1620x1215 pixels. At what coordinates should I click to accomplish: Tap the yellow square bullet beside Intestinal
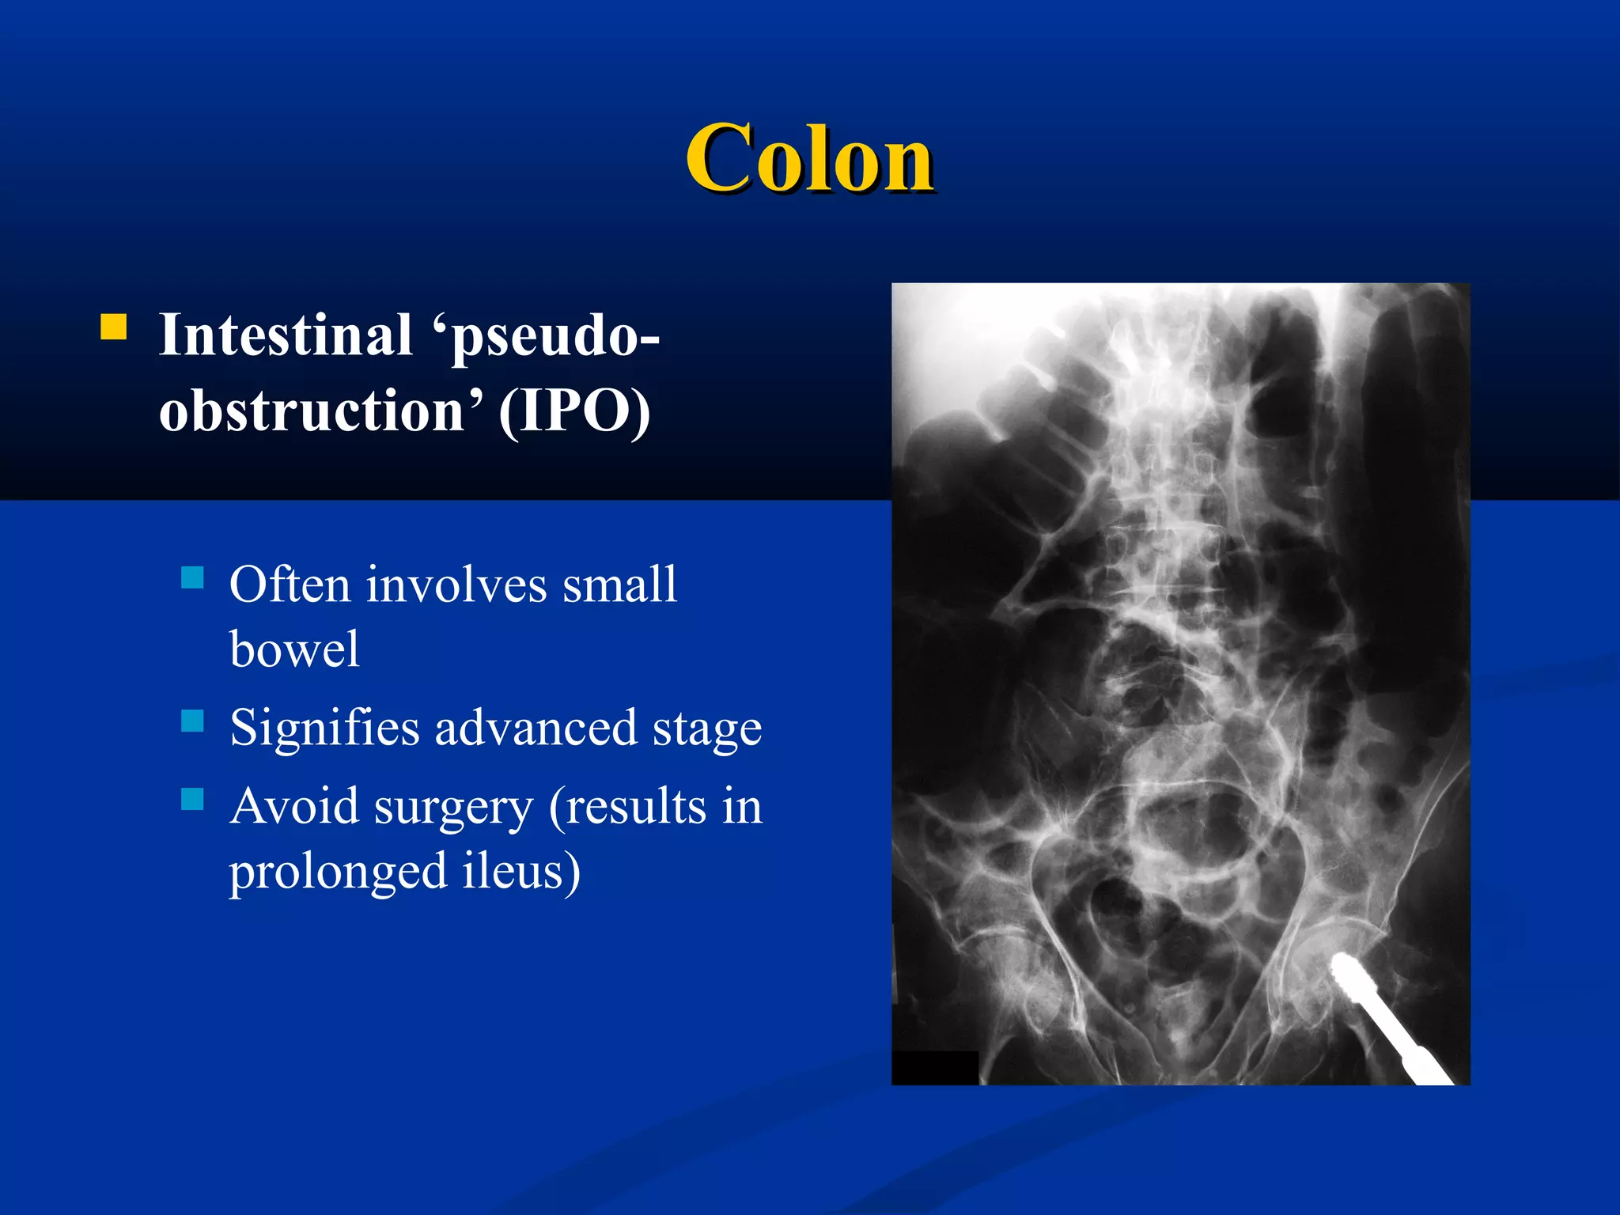coord(114,327)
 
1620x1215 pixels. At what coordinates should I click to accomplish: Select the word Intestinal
coord(286,335)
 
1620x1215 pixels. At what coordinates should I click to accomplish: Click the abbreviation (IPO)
coord(574,411)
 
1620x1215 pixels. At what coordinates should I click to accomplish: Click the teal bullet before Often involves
coord(192,577)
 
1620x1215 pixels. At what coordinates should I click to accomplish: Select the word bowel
coord(294,650)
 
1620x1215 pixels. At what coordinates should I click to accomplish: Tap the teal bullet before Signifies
coord(192,721)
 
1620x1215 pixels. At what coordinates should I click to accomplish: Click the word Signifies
coord(324,729)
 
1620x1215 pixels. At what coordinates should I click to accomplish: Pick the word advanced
coord(536,729)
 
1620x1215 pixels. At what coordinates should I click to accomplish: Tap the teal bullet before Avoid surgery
coord(192,799)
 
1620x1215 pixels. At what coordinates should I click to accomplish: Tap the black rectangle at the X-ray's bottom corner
coord(934,1068)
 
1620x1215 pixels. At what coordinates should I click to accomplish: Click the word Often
coord(290,585)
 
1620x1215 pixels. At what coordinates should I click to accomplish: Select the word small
coord(619,585)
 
